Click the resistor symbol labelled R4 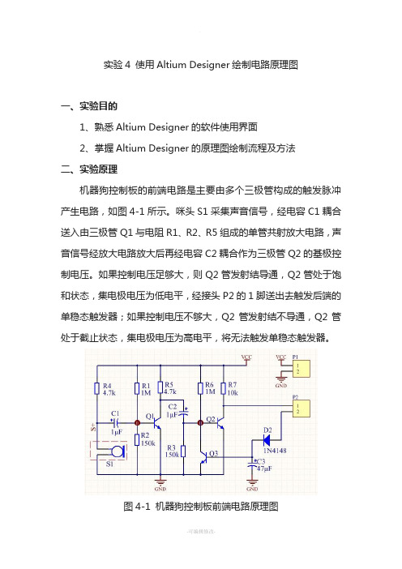point(97,388)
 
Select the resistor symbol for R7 point(224,388)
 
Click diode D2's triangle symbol point(267,441)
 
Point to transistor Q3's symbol point(203,457)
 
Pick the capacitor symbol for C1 point(116,422)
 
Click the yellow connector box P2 point(301,409)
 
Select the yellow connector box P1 point(301,369)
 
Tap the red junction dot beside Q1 point(137,423)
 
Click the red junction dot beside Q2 point(200,423)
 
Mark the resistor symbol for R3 point(184,451)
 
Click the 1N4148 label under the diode point(275,451)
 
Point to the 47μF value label point(264,468)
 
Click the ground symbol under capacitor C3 point(252,482)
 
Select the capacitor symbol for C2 point(185,413)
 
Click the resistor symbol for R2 point(137,440)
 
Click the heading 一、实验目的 point(89,106)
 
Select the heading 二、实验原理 point(89,169)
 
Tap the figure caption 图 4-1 point(137,507)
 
